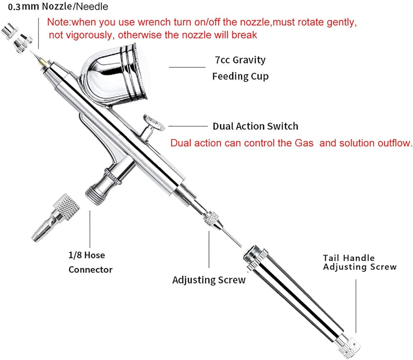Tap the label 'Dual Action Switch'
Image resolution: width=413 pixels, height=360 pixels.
coord(255,126)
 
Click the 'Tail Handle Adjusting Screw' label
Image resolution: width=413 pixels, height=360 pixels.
coord(359,262)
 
